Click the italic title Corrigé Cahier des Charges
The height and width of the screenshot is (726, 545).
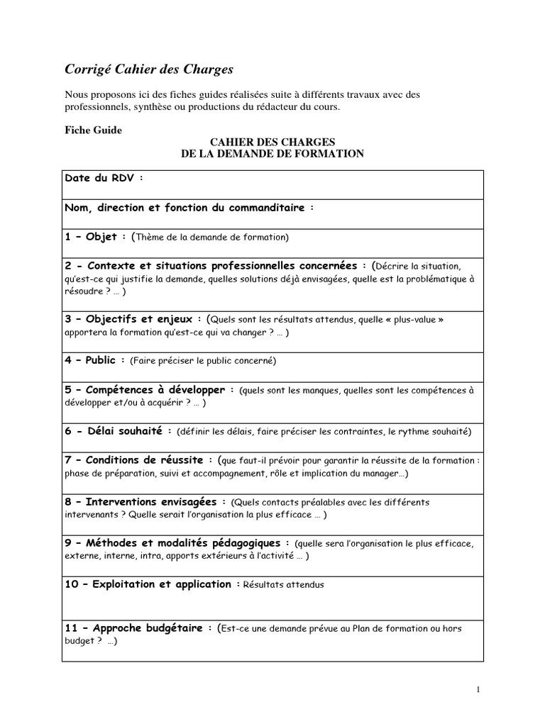(x=149, y=69)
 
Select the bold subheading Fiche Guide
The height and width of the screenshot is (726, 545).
(x=94, y=130)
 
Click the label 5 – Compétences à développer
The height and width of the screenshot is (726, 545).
(x=150, y=390)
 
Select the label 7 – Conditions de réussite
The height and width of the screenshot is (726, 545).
(x=139, y=460)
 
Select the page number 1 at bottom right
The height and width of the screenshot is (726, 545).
(x=478, y=688)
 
